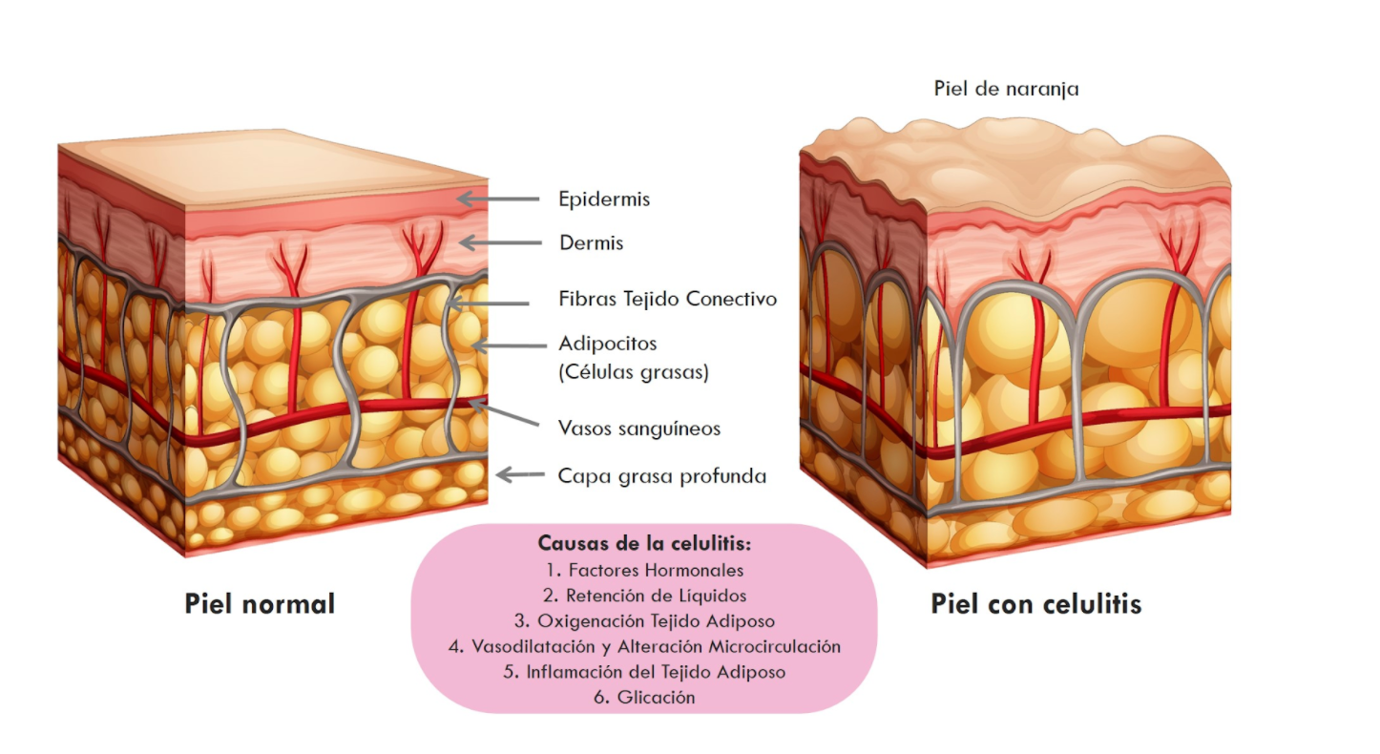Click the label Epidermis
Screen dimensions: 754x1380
click(x=604, y=199)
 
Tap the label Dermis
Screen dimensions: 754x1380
click(x=592, y=242)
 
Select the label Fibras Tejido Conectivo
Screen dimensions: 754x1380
click(x=668, y=299)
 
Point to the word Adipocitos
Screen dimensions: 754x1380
click(x=608, y=343)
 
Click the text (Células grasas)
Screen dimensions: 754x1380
click(x=634, y=371)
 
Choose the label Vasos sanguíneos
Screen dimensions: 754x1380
click(x=639, y=429)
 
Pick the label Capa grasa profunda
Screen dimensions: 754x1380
click(x=662, y=475)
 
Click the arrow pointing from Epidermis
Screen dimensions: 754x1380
click(x=497, y=199)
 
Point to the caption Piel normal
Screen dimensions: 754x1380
click(x=260, y=604)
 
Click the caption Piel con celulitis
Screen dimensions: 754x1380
click(x=1036, y=604)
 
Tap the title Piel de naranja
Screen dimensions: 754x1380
click(x=1006, y=89)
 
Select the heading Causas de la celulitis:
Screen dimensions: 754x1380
click(x=644, y=544)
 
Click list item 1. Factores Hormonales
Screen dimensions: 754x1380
click(x=644, y=571)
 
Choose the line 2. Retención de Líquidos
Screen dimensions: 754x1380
click(x=644, y=596)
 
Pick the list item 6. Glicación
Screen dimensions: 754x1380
click(x=644, y=698)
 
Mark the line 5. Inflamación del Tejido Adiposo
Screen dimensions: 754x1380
click(x=644, y=672)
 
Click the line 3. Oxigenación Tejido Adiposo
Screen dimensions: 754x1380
click(x=644, y=621)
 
